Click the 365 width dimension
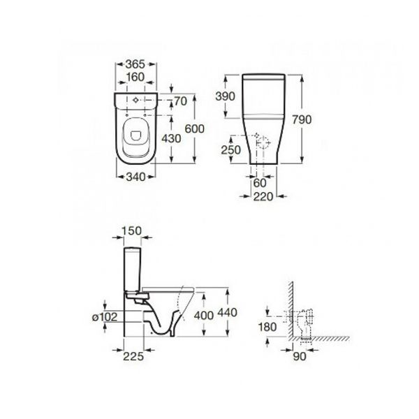pos(135,64)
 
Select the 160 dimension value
pos(135,77)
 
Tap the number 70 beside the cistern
pos(180,101)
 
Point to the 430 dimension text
pos(171,138)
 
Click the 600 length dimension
pos(195,128)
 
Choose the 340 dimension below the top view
pos(135,177)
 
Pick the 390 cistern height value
pos(226,96)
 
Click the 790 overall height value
pos(302,119)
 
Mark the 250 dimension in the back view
pos(231,150)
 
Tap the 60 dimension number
pos(260,183)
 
